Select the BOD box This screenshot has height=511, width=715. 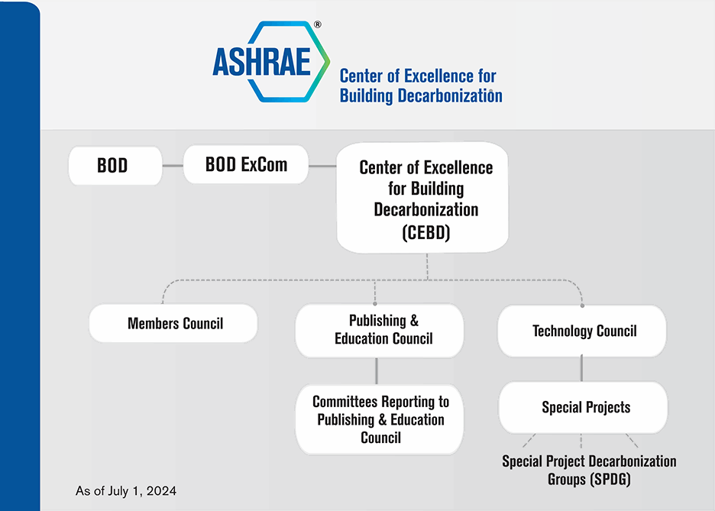(x=115, y=165)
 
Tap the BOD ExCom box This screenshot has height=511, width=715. (x=246, y=164)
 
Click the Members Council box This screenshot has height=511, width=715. (x=173, y=324)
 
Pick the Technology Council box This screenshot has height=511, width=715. (x=582, y=331)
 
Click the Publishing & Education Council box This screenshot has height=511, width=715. (x=380, y=330)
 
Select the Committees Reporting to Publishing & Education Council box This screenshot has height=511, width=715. (x=380, y=419)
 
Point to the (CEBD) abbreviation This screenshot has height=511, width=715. (x=425, y=233)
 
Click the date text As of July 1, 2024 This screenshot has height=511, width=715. (x=126, y=490)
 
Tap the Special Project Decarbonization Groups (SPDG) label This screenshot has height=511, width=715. (x=589, y=471)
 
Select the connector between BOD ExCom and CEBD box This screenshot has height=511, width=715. (x=323, y=165)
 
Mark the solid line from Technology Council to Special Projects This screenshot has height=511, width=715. (x=582, y=369)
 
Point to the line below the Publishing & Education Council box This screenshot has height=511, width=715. (x=377, y=370)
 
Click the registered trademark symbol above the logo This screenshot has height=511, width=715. (x=317, y=24)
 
